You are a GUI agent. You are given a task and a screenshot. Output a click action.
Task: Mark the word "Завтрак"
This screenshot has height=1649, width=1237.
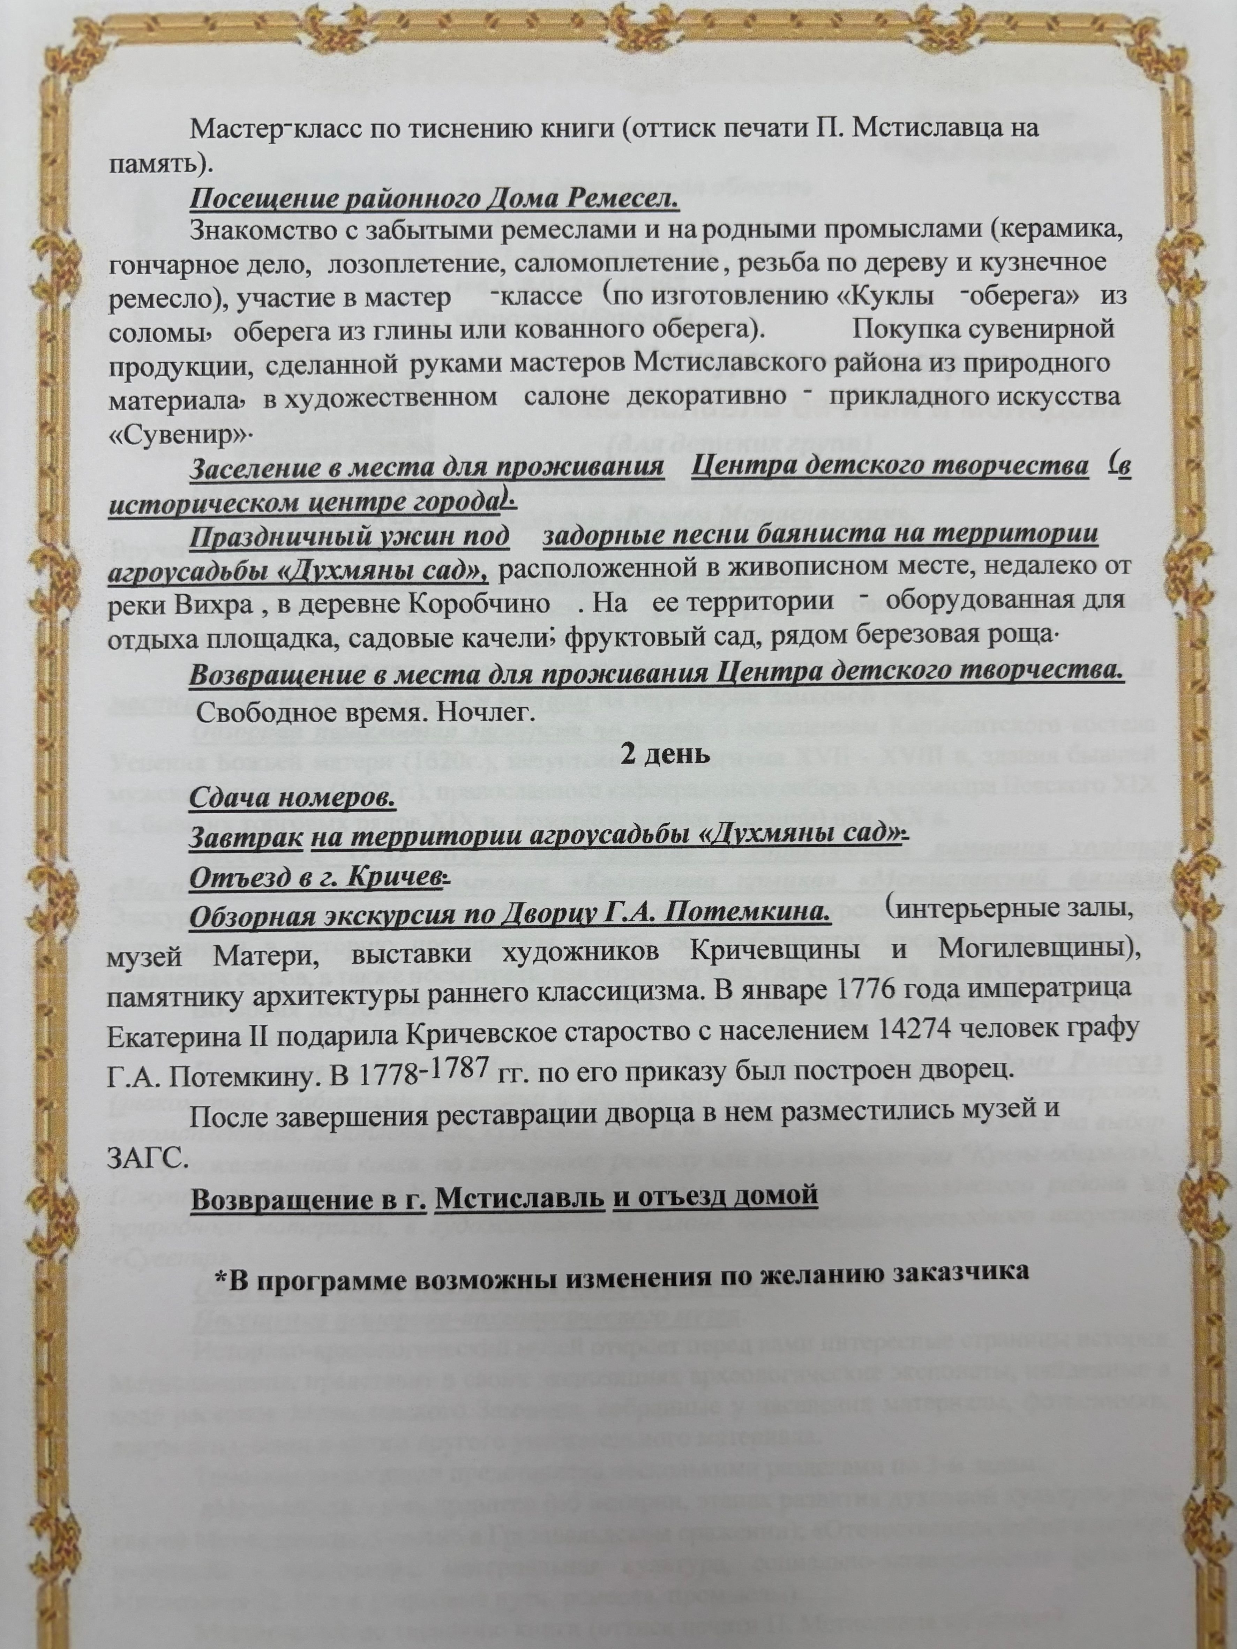[x=245, y=838]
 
